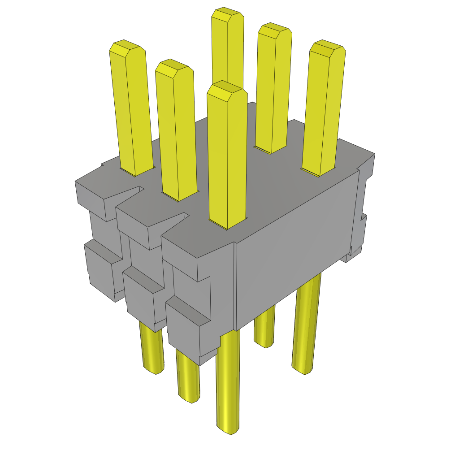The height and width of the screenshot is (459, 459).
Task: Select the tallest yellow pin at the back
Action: coord(228,45)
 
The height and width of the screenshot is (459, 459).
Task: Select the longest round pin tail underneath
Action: coord(228,381)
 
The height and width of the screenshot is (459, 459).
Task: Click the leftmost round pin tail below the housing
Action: coord(151,350)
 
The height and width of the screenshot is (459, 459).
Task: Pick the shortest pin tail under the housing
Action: coord(264,327)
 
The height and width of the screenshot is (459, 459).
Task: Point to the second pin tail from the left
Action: coord(188,377)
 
